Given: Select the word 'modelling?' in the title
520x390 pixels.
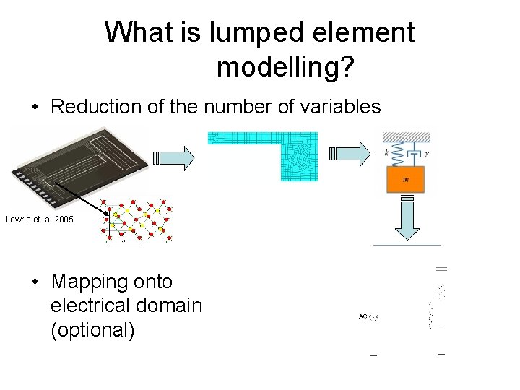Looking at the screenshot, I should pyautogui.click(x=285, y=67).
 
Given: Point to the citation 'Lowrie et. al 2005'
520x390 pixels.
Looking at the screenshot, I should pyautogui.click(x=39, y=219).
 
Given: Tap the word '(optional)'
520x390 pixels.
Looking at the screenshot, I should pyautogui.click(x=92, y=329).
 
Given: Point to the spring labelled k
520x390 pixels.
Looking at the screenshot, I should pyautogui.click(x=394, y=153).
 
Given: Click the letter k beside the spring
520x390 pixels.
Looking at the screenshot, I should pyautogui.click(x=387, y=154).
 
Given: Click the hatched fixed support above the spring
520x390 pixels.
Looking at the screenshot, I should pyautogui.click(x=406, y=136).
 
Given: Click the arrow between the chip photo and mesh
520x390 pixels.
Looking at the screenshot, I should pyautogui.click(x=174, y=155).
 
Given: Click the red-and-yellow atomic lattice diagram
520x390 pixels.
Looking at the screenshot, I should pyautogui.click(x=136, y=220).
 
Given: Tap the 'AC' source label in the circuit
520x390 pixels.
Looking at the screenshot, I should pyautogui.click(x=363, y=316).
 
